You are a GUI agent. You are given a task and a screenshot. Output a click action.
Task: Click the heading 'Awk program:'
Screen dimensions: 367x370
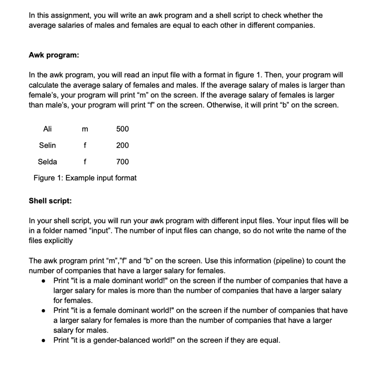[x=54, y=55]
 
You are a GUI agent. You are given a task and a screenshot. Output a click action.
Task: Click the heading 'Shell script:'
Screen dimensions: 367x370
[x=50, y=201]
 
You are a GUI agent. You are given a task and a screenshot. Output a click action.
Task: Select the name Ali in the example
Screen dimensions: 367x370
[x=47, y=129]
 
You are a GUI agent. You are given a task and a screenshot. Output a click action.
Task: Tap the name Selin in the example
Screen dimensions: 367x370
[x=47, y=145]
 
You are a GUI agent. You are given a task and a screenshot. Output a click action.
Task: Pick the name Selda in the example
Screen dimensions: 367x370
[x=47, y=161]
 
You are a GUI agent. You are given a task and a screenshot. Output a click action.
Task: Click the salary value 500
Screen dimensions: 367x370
[x=122, y=129]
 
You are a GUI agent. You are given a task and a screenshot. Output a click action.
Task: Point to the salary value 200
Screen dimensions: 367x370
[x=122, y=145]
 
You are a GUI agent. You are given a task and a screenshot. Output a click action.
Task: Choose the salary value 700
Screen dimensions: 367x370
[x=122, y=161]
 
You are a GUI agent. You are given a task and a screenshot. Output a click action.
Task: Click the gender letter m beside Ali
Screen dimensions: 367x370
[x=85, y=129]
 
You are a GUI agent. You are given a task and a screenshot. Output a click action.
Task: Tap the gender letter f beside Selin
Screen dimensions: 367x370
[x=85, y=145]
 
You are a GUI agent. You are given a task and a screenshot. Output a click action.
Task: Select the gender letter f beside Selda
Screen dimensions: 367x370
[x=85, y=161]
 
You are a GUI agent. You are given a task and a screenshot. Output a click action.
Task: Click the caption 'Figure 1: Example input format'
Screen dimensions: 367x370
[x=85, y=178]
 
